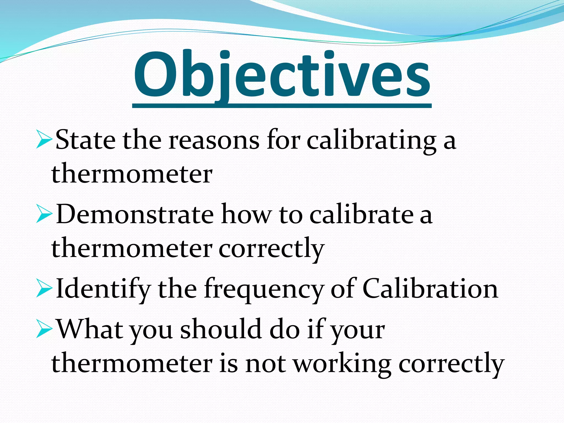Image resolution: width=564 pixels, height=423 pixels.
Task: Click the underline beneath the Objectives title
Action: click(x=281, y=106)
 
